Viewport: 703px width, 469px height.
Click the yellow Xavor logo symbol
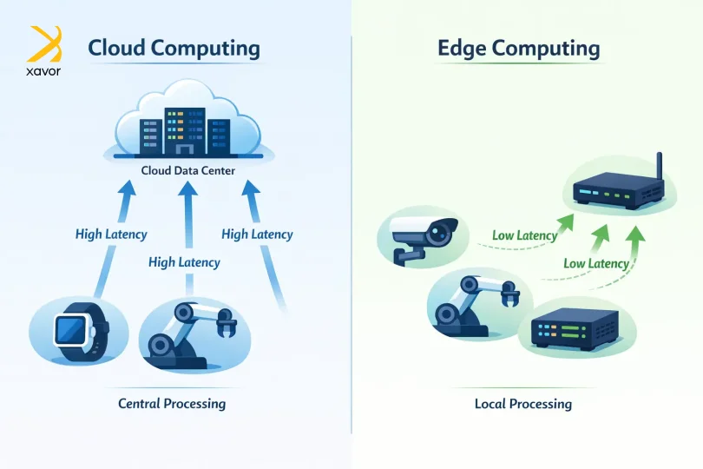(44, 43)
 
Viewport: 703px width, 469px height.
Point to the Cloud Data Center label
(187, 170)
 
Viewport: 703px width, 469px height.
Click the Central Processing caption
(172, 403)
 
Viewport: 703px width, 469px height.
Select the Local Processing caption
(522, 403)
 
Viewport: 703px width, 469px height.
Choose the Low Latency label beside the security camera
(525, 235)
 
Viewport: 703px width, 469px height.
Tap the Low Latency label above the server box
(596, 263)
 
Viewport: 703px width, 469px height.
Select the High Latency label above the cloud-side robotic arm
(184, 261)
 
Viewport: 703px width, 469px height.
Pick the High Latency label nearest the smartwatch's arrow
(111, 234)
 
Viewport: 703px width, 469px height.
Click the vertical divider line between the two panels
(351, 234)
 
